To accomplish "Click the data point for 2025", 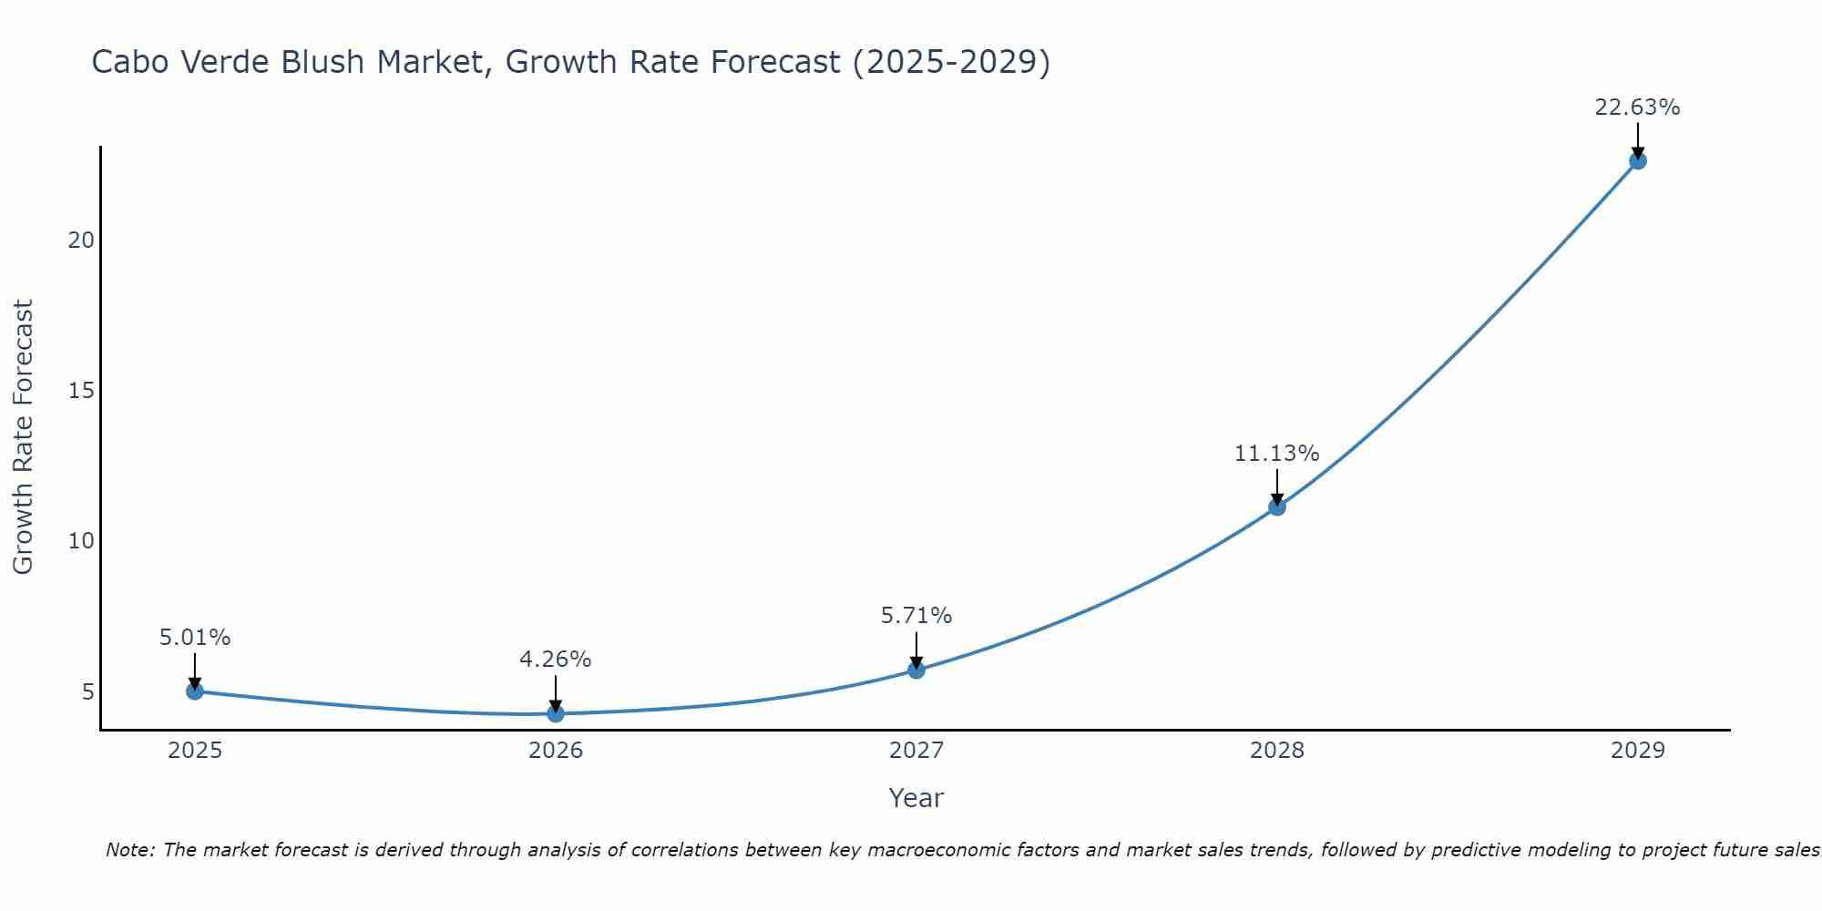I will [195, 691].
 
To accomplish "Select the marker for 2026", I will [556, 713].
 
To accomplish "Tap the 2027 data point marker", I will [916, 670].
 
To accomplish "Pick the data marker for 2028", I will [1277, 507].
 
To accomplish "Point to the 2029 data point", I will [1638, 161].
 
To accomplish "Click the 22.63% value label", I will [1637, 107].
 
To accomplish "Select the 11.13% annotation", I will [1276, 453].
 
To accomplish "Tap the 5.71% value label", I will [916, 616].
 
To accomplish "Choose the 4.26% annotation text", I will [556, 659].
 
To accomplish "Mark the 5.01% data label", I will [195, 638].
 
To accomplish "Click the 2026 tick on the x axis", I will [556, 751].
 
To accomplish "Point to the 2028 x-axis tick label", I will [1277, 751].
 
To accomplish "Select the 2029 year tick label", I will [1638, 751].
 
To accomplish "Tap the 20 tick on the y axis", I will [82, 241].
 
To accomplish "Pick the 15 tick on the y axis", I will [82, 391].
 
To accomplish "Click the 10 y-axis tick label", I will [82, 541].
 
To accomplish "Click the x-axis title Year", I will [916, 798].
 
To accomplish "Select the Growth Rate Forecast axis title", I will [23, 437].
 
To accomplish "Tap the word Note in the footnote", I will [129, 850].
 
